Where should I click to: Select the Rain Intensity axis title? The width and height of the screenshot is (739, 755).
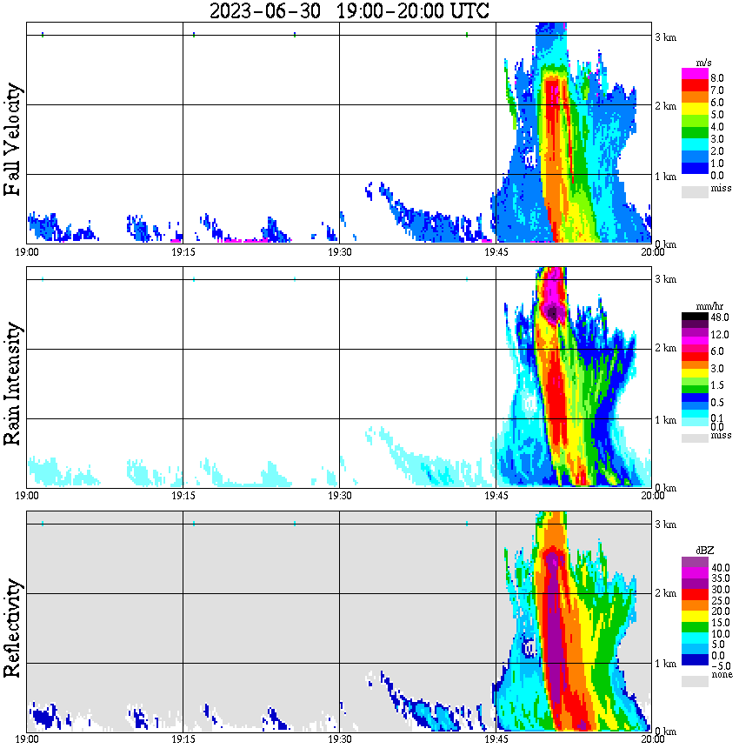click(13, 384)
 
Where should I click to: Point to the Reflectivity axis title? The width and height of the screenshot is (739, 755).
click(13, 627)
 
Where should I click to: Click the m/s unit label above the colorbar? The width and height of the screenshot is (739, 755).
click(704, 63)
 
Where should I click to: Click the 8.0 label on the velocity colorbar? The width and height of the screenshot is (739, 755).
click(718, 78)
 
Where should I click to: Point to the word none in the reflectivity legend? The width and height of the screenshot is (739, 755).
click(721, 675)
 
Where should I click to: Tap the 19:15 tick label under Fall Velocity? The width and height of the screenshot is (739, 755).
click(183, 252)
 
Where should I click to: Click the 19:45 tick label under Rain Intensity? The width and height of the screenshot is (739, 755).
click(496, 496)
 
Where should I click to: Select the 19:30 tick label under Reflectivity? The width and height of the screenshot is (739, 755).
click(339, 739)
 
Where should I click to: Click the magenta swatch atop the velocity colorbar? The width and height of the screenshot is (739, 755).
click(695, 73)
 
